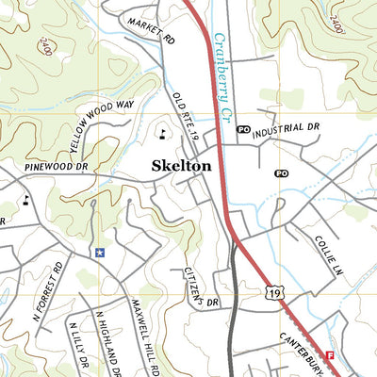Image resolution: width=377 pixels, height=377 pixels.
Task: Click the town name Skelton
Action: (182, 165)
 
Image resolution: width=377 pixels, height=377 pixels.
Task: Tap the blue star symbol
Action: (99, 253)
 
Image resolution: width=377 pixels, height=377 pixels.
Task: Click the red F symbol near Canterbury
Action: (330, 355)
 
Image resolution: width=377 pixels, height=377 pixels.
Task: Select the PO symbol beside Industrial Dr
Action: (243, 130)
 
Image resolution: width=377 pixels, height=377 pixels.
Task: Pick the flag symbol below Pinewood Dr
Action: (25, 199)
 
